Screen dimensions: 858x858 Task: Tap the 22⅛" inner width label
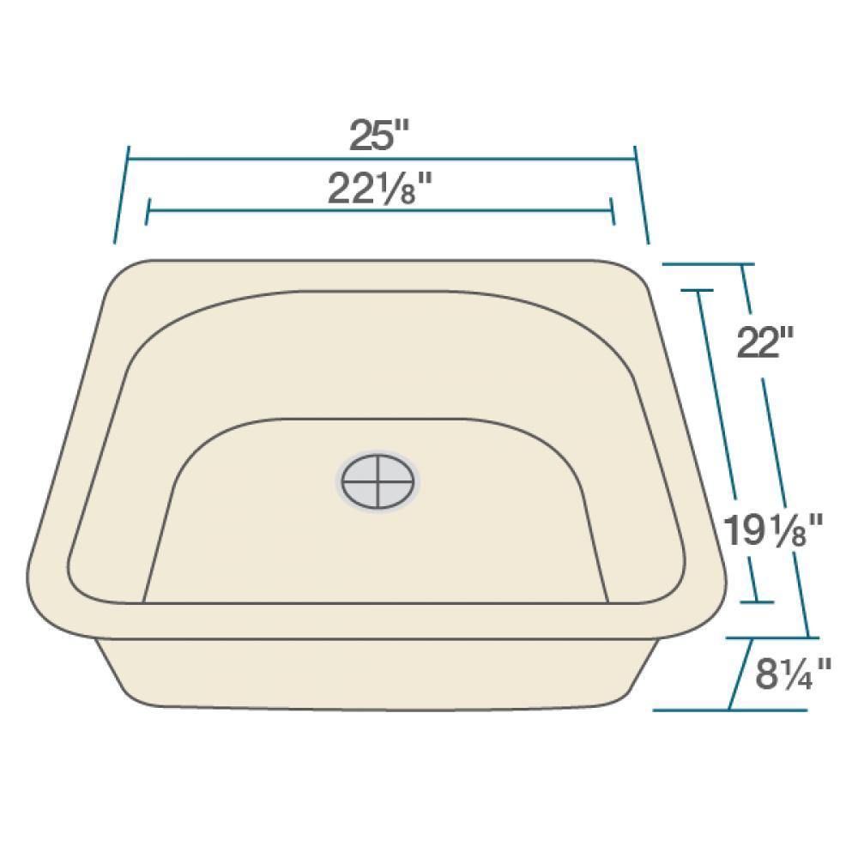(378, 190)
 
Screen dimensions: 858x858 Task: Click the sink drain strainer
(378, 480)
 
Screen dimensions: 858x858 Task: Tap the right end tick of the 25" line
(641, 194)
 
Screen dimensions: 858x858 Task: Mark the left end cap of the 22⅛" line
(148, 210)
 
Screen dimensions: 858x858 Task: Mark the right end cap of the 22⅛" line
(613, 210)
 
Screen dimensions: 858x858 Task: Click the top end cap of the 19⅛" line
(698, 291)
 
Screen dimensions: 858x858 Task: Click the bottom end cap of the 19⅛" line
(755, 602)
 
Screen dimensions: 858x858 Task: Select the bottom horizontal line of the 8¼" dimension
(729, 710)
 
